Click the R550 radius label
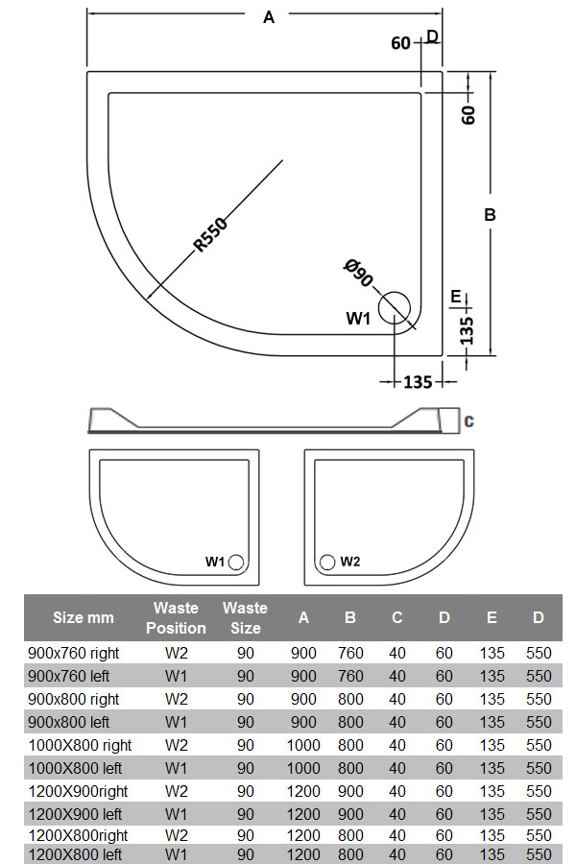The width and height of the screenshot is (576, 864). tap(210, 234)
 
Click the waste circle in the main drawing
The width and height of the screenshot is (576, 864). tap(395, 307)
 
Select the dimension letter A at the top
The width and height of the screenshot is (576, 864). tap(269, 17)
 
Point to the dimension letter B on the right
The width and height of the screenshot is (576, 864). tap(490, 214)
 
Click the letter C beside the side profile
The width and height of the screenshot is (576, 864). tap(469, 421)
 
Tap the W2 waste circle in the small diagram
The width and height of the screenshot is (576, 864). tap(327, 562)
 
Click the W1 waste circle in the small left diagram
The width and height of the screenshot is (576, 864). tap(236, 562)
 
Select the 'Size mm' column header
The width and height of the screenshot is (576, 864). tap(84, 617)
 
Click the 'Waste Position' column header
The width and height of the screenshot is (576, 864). tap(176, 617)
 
